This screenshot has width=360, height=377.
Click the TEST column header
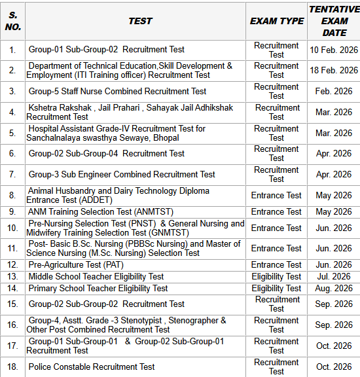(140, 21)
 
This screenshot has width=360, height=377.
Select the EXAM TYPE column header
(277, 21)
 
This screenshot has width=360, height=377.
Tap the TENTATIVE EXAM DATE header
(334, 21)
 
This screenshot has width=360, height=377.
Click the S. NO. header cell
(12, 21)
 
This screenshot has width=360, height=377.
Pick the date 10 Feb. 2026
(334, 50)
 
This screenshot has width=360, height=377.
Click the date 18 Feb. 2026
(334, 70)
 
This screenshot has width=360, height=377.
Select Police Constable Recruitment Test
(92, 367)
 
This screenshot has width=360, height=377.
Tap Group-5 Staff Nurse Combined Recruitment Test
(117, 91)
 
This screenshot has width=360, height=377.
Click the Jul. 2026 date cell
(334, 276)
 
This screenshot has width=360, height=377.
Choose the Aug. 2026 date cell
(334, 288)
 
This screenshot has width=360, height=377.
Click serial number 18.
(12, 367)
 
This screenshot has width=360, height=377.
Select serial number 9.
(12, 211)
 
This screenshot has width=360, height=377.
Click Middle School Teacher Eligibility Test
(96, 276)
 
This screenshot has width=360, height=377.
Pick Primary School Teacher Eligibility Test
(98, 288)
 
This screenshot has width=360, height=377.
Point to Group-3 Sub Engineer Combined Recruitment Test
(122, 174)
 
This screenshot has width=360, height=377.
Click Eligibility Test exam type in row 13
(276, 276)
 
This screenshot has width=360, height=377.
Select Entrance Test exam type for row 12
(276, 265)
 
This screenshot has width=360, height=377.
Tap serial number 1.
(12, 50)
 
